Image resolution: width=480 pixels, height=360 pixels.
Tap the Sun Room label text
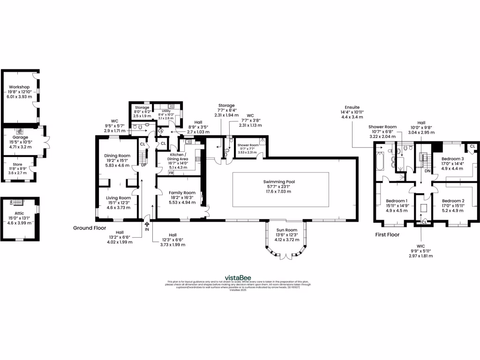click(x=285, y=230)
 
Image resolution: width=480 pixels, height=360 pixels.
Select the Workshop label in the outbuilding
click(x=19, y=87)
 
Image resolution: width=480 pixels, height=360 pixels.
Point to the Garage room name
click(x=20, y=137)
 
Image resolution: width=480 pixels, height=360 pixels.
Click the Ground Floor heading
click(x=90, y=228)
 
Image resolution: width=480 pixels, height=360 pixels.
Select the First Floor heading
click(x=387, y=234)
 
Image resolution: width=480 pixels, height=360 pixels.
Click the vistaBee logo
click(x=240, y=277)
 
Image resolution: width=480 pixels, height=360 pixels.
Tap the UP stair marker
click(x=144, y=165)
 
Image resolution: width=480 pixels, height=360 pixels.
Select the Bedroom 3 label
click(x=453, y=159)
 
